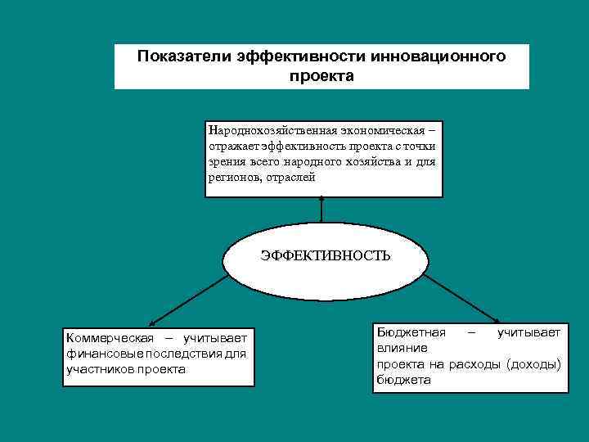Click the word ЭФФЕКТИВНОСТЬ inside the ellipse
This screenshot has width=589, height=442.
(x=325, y=255)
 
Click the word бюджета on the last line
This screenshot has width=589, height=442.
(x=403, y=380)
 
